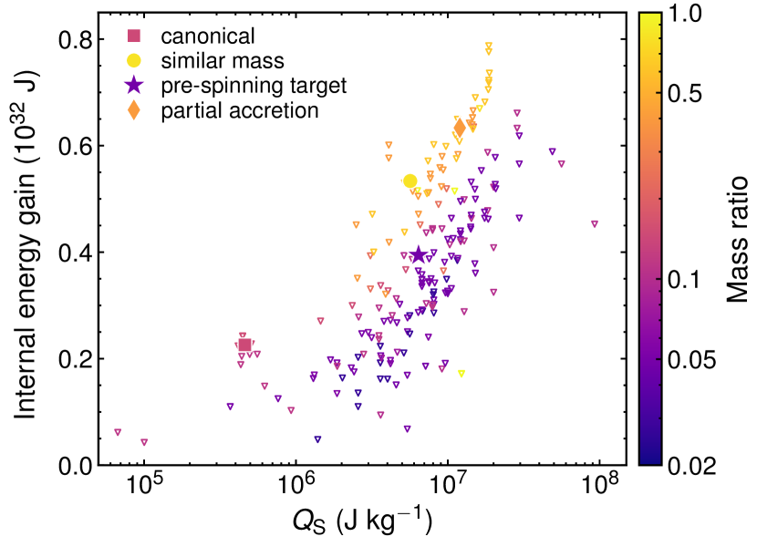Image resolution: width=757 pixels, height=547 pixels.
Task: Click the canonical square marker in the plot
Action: (244, 345)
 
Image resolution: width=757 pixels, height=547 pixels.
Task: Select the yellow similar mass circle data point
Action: (410, 181)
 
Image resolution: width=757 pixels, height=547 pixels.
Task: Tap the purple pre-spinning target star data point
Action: (419, 255)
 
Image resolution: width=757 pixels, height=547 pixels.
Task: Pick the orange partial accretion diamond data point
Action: (461, 128)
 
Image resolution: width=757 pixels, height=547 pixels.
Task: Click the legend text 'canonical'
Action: (207, 36)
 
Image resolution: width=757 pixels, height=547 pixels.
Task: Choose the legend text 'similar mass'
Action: (223, 61)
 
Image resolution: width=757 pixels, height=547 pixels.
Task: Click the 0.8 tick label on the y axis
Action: (79, 40)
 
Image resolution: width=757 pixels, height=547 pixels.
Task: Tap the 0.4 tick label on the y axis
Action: (79, 253)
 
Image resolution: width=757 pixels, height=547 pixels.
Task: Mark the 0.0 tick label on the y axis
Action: (79, 466)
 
